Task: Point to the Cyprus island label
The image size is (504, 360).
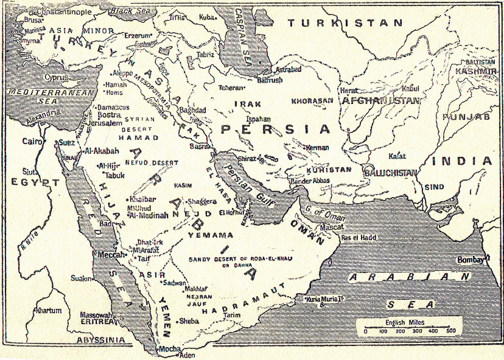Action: pyautogui.click(x=59, y=78)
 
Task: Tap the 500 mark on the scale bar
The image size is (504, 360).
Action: pyautogui.click(x=451, y=331)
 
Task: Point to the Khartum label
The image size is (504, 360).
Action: pyautogui.click(x=48, y=311)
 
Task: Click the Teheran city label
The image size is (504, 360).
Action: pyautogui.click(x=231, y=88)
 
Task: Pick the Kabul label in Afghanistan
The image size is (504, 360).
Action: pyautogui.click(x=411, y=88)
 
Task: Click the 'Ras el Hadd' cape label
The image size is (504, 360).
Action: pyautogui.click(x=359, y=237)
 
